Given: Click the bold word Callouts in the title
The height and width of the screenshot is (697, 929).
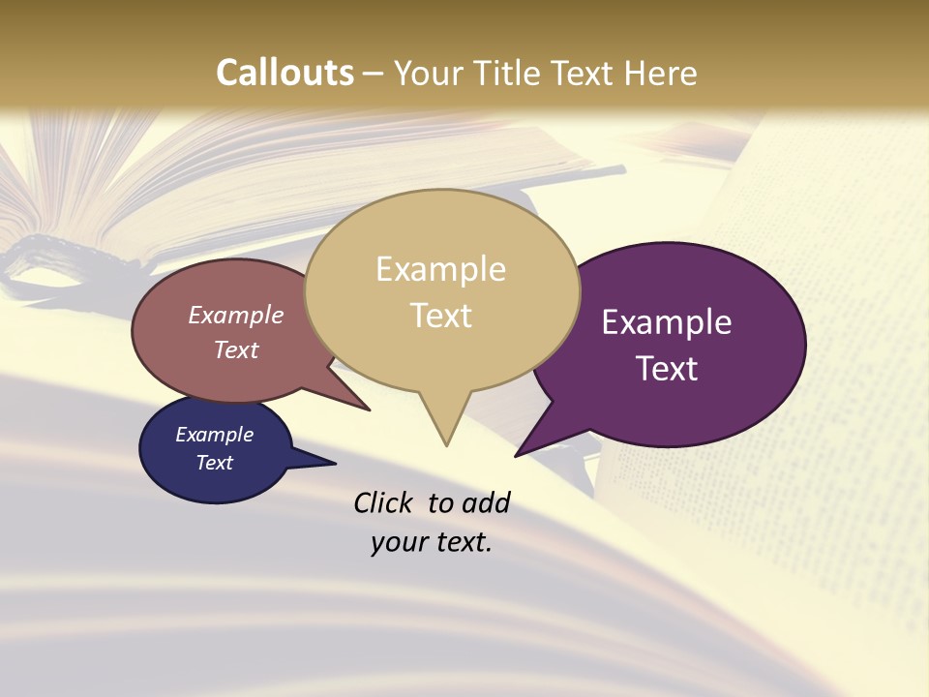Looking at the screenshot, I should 285,73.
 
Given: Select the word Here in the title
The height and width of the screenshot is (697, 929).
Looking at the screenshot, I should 661,73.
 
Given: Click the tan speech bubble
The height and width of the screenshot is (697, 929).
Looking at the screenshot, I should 441,348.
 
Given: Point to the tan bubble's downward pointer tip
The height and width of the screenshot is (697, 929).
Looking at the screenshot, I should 446,444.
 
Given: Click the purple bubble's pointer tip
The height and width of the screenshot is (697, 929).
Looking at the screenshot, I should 517,455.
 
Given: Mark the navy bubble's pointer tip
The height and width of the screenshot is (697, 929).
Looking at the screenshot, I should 334,464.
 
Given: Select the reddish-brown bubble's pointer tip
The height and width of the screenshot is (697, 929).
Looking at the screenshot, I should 368,409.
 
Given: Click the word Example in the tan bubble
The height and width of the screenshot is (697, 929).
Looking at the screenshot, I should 440,269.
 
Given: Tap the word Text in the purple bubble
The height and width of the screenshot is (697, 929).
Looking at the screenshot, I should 667,369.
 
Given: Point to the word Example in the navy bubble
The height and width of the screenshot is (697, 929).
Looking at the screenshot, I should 214,435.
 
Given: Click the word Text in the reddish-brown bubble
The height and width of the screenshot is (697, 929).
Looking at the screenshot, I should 236,349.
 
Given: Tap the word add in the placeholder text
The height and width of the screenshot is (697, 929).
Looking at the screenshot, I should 485,502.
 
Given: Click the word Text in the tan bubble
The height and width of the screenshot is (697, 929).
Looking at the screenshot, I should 441,316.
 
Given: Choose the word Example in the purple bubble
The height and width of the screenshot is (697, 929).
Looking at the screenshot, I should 667,322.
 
